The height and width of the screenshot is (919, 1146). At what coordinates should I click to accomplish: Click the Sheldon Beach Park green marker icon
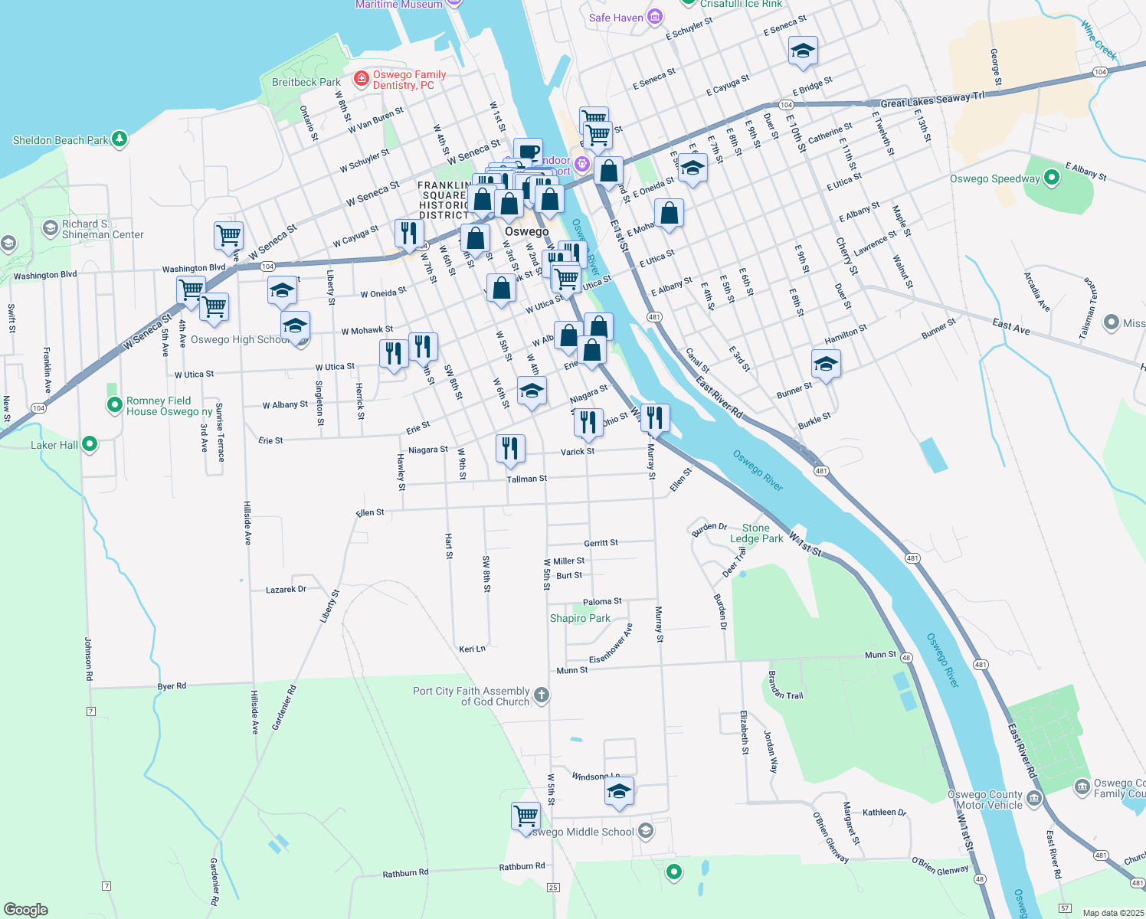click(x=119, y=139)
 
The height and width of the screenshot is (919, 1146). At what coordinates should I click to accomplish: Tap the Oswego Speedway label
click(x=994, y=178)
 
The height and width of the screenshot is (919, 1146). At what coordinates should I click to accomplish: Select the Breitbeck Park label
click(x=306, y=82)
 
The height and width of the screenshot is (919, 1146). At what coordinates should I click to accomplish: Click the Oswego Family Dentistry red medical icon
click(x=362, y=79)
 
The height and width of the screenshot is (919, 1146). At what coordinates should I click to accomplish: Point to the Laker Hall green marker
click(x=90, y=443)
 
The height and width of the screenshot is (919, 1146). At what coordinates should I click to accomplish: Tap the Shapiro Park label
click(x=580, y=618)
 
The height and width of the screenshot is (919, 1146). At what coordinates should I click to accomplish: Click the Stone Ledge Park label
click(x=756, y=533)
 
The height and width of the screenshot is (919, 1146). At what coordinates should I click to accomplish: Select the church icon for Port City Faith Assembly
click(x=541, y=695)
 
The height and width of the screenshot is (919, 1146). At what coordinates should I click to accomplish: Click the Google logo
click(x=26, y=909)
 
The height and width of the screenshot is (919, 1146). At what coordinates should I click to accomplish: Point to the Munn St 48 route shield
click(x=906, y=657)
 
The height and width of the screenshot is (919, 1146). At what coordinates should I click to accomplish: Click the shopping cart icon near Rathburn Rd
click(x=526, y=816)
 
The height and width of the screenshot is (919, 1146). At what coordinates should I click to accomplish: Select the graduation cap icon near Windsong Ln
click(x=619, y=792)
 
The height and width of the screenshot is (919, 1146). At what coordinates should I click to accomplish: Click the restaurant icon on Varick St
click(x=510, y=449)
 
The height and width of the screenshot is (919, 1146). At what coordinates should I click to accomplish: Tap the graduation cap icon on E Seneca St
click(x=802, y=51)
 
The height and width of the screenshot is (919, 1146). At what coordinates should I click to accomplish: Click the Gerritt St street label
click(x=601, y=543)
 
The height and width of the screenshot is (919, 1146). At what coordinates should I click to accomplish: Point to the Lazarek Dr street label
click(x=286, y=590)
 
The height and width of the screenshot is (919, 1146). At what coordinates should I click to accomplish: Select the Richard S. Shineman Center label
click(x=102, y=229)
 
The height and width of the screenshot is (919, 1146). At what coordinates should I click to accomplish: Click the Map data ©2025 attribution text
click(x=1112, y=913)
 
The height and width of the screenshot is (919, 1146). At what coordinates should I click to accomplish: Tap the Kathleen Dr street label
click(x=884, y=813)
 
